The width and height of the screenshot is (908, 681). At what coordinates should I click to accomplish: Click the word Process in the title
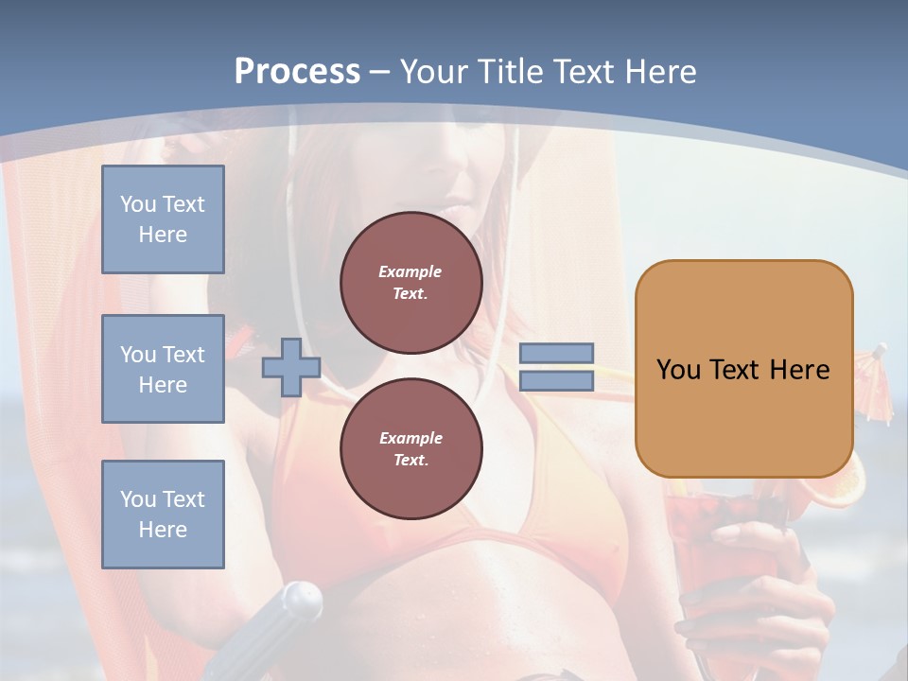coord(297,71)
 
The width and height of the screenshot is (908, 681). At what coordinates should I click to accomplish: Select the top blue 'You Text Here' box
coord(163,219)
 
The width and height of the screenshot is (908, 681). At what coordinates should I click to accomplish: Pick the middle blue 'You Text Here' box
coord(163,369)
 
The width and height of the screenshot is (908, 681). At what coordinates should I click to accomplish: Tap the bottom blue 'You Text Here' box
coord(163,514)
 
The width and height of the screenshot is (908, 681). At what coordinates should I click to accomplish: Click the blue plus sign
coord(290,367)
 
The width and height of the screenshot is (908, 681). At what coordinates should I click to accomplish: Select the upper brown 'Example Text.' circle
coord(410,282)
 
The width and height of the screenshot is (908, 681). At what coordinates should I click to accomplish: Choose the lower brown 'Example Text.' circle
coord(410,448)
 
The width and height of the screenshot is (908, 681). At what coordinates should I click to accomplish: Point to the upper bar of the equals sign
coord(556,354)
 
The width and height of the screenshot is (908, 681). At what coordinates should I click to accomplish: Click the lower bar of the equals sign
coord(556,380)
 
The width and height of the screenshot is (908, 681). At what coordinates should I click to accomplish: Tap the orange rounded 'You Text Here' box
coord(743,416)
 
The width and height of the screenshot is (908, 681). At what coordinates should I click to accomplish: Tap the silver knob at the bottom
coord(301,598)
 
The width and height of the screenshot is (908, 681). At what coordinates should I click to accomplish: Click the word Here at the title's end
coord(661,71)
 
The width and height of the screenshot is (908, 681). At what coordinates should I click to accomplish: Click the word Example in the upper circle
coord(410,271)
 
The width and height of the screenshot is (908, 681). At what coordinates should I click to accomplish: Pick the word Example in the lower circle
coord(410,438)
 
